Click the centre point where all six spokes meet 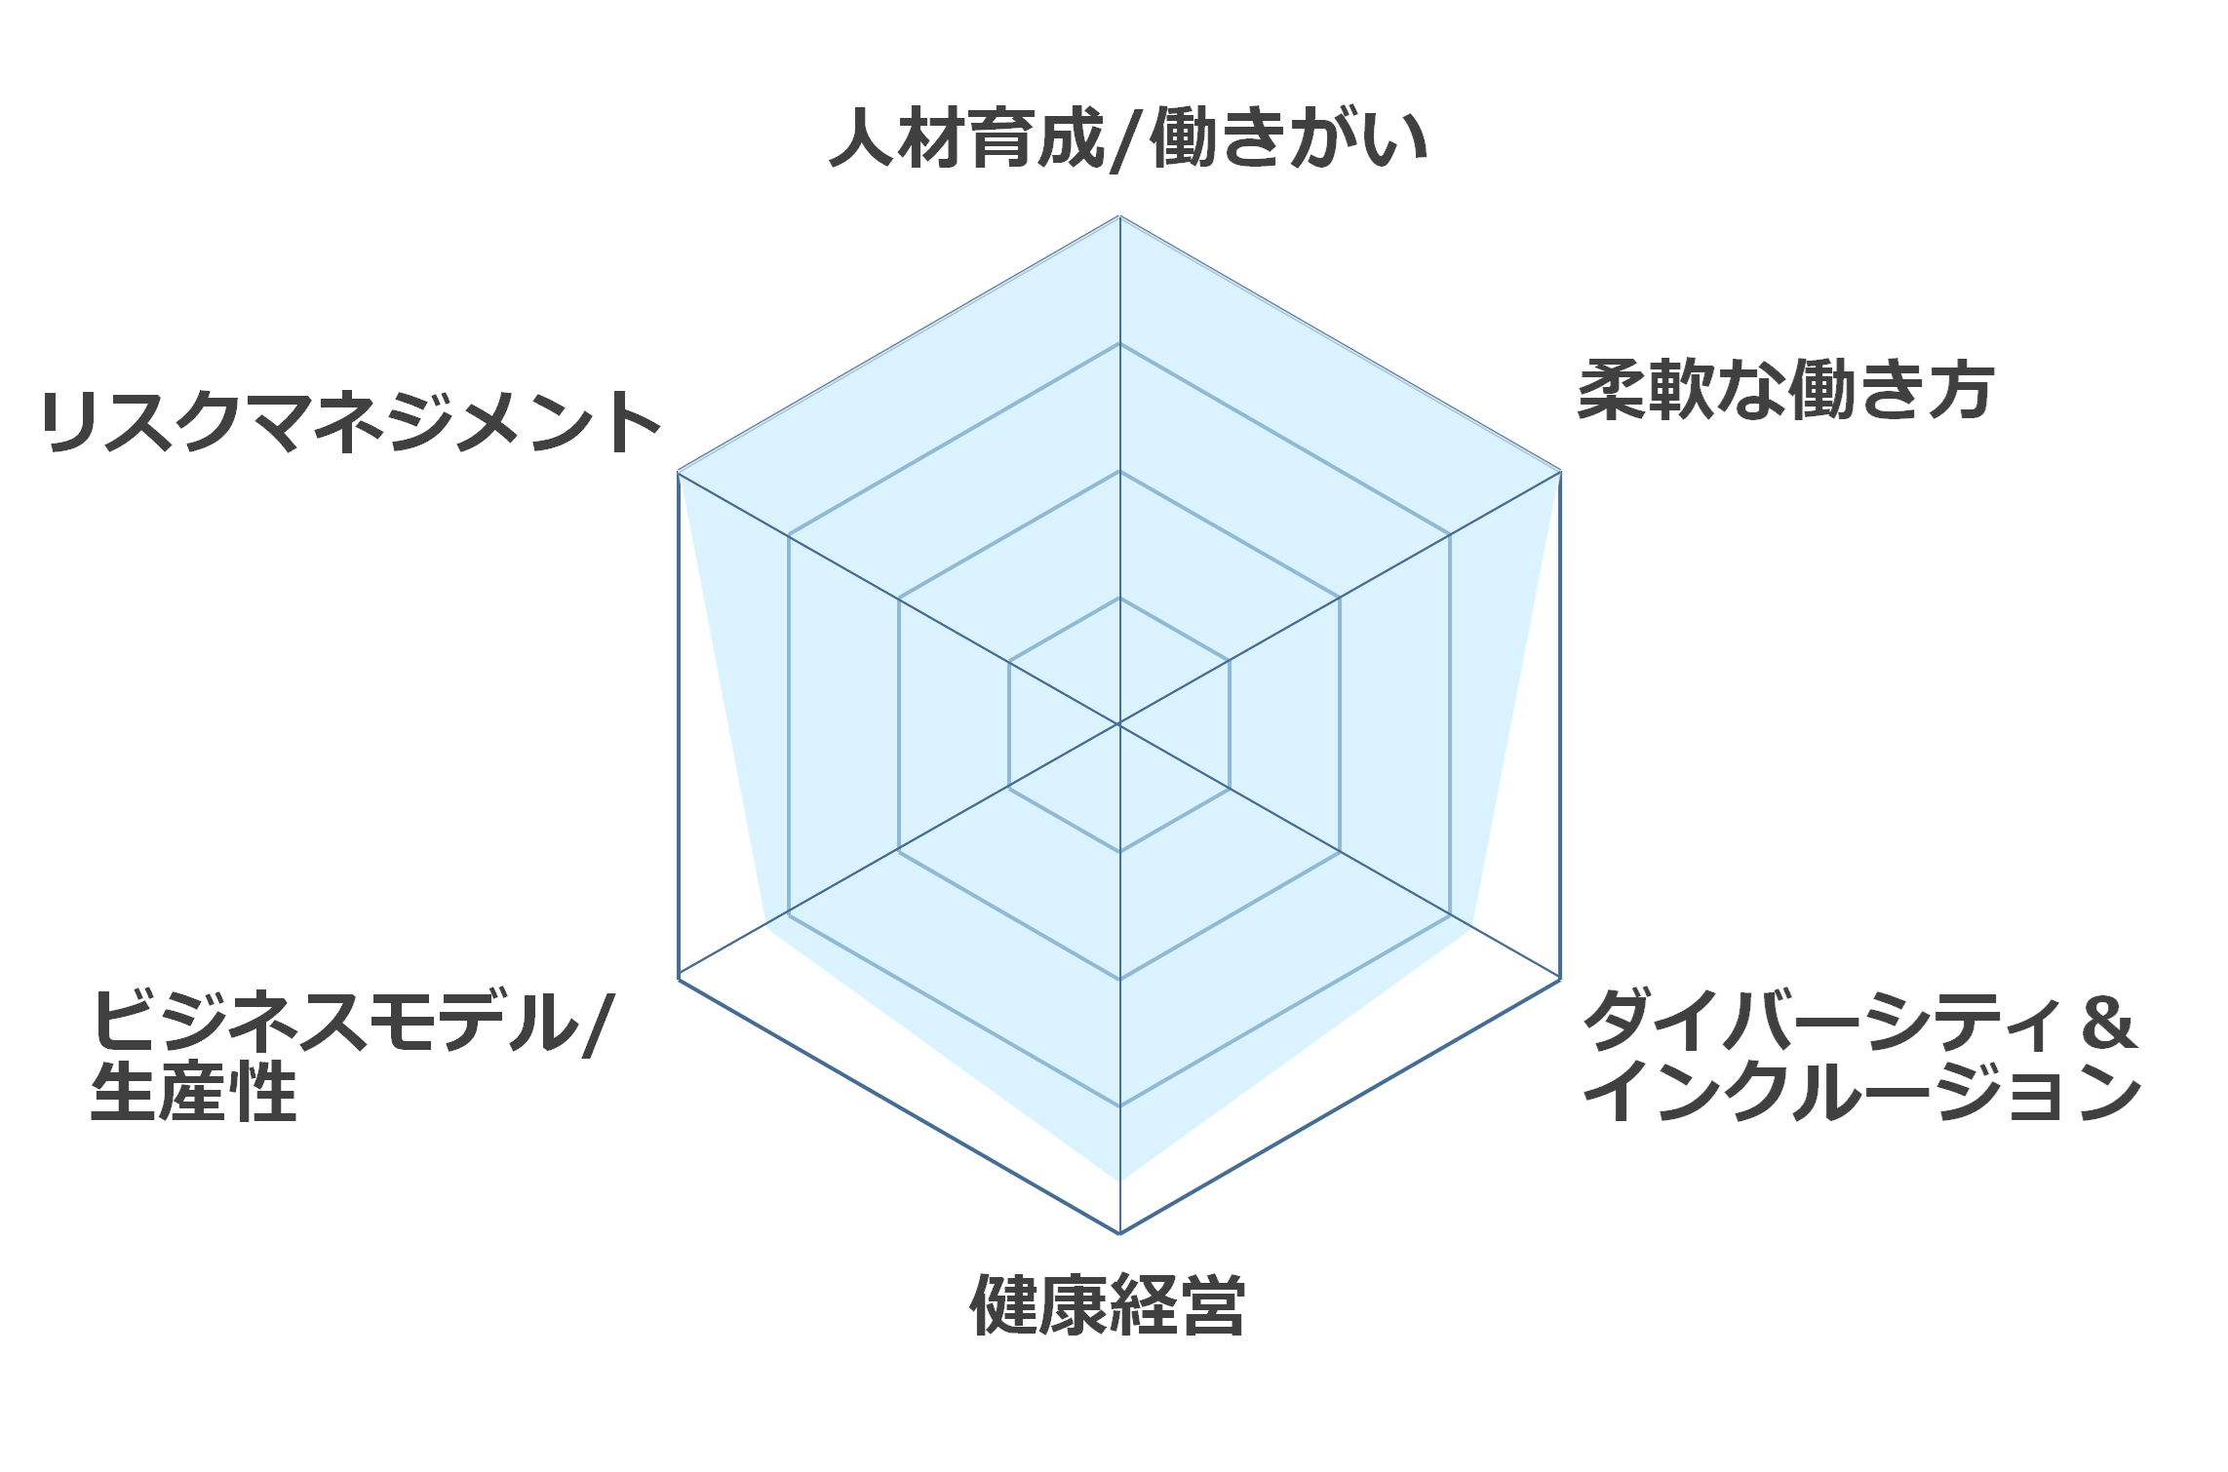[x=1119, y=724]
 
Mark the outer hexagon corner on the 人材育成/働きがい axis [x=1119, y=215]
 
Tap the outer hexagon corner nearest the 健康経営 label [x=1119, y=1233]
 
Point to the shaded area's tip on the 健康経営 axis [x=1119, y=1181]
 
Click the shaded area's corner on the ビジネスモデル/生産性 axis [x=766, y=928]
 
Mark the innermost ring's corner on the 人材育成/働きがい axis [x=1119, y=597]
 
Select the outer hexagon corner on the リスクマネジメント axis [x=678, y=472]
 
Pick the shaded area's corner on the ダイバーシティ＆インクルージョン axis [x=1472, y=928]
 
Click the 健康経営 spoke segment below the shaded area [x=1119, y=1207]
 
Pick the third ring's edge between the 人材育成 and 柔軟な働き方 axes [x=1284, y=439]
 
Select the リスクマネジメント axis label [x=351, y=422]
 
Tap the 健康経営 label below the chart [x=1108, y=1304]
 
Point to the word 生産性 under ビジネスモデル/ [x=193, y=1093]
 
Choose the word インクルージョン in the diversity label [x=1861, y=1092]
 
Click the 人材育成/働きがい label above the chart [x=1129, y=138]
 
